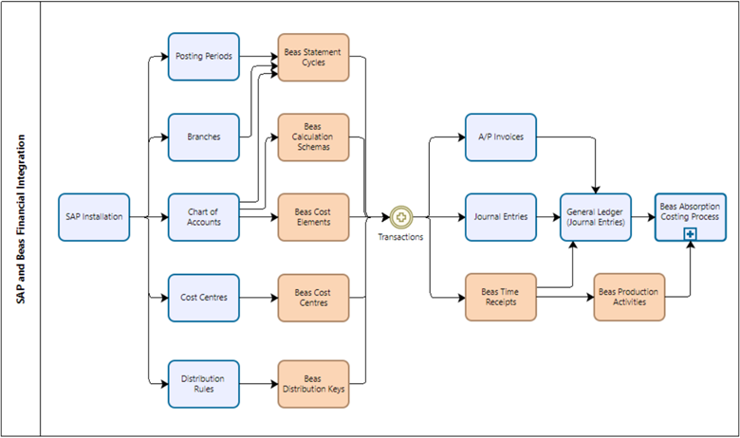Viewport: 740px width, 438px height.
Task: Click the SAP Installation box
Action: coord(93,217)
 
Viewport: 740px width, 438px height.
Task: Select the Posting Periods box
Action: coord(204,57)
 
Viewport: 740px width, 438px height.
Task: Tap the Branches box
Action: coord(204,137)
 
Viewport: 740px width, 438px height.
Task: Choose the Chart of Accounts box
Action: coord(204,217)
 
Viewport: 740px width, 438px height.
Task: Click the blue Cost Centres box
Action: coord(204,298)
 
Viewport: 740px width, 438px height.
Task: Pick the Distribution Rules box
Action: coord(204,383)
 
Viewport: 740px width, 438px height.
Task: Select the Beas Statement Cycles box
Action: coord(313,57)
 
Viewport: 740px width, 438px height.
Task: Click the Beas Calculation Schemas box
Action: coord(313,137)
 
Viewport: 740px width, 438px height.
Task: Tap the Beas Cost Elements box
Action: coord(313,217)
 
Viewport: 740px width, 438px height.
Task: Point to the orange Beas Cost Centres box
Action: coord(313,298)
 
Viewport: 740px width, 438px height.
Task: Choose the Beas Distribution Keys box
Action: coord(313,383)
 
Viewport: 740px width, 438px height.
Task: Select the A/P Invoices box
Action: coord(501,137)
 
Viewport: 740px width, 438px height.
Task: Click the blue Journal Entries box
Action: coord(501,217)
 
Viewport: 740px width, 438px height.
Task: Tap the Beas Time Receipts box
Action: coord(501,298)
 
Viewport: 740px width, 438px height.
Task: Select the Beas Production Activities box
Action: coord(629,298)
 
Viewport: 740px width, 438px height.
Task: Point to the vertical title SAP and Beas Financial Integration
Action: coord(21,218)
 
